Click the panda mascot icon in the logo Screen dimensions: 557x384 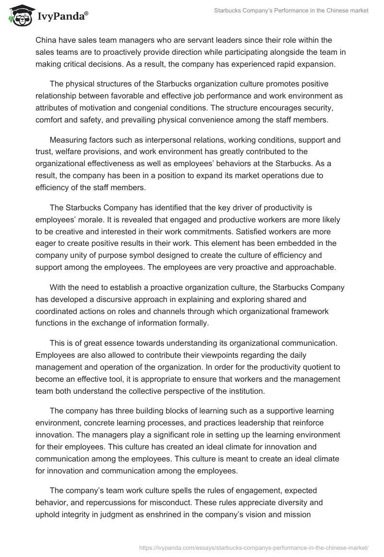click(18, 16)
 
